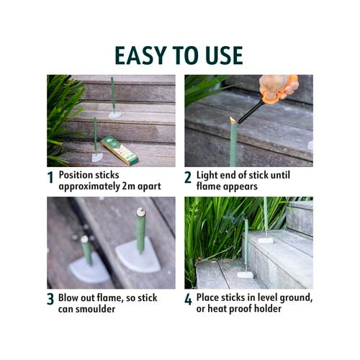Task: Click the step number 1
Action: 50,178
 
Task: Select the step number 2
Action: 188,178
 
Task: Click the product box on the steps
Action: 120,150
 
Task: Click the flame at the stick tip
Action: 233,120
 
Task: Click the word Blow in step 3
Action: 71,296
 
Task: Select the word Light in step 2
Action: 209,174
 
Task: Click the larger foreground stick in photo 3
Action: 141,230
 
